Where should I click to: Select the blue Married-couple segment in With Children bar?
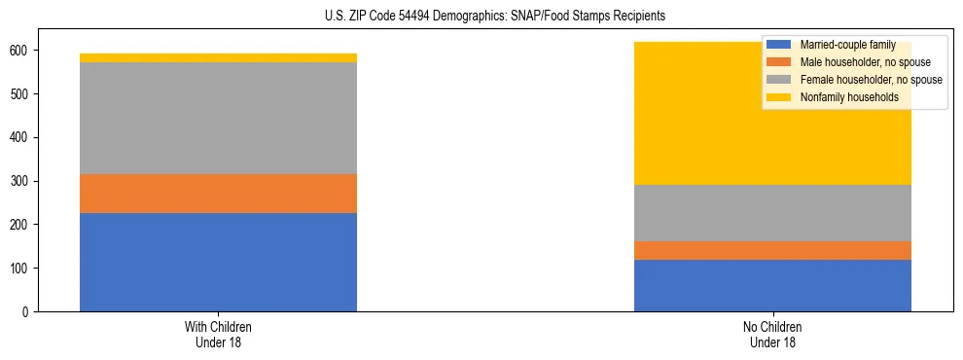[218, 262]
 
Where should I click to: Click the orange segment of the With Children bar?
[218, 193]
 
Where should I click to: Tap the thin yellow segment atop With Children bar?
[218, 57]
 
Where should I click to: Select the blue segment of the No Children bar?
[772, 285]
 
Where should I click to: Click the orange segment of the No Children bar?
[772, 250]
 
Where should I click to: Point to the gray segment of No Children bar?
[772, 213]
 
